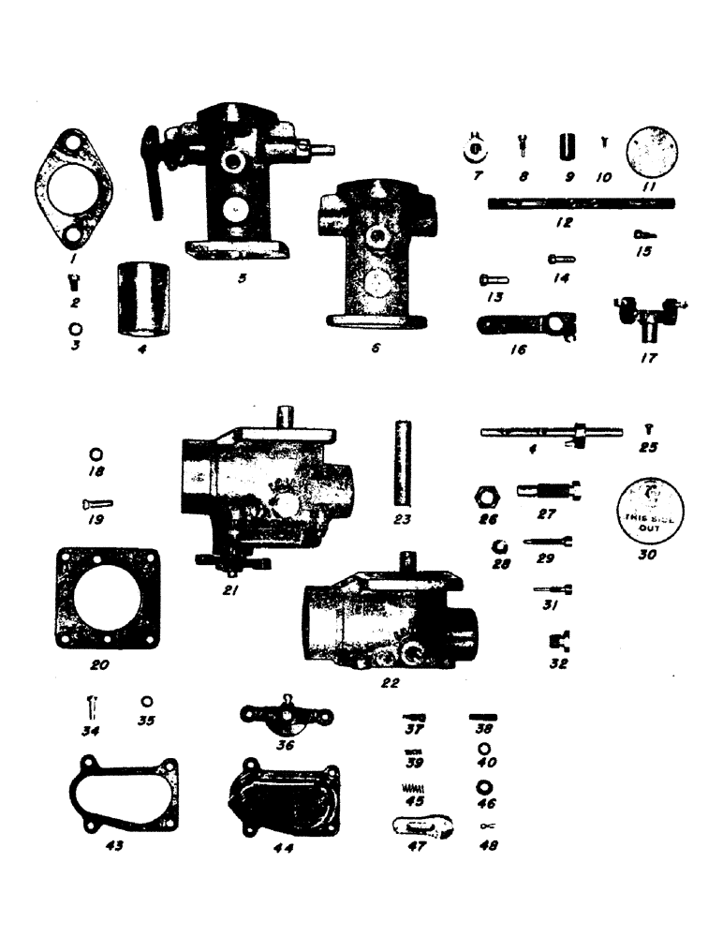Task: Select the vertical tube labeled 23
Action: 405,463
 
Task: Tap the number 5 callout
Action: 243,278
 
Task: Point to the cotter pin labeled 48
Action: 488,825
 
